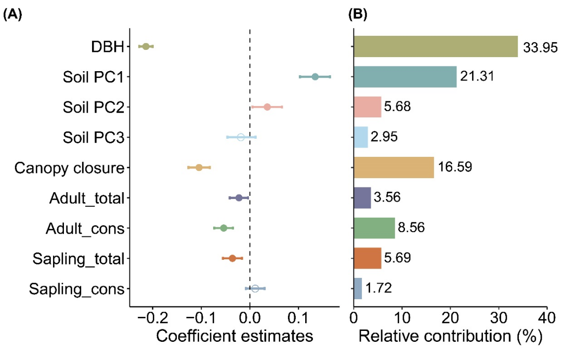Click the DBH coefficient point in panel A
coord(146,47)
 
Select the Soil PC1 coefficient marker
coord(315,77)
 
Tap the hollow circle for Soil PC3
coord(241,138)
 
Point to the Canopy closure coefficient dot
coord(199,167)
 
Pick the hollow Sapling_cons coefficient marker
coord(255,288)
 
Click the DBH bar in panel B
coord(436,47)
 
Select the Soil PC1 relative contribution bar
coord(405,77)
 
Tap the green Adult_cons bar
coord(374,228)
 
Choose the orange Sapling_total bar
coord(368,258)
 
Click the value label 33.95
coord(540,48)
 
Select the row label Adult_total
coord(87,198)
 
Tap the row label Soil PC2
coord(93,108)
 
